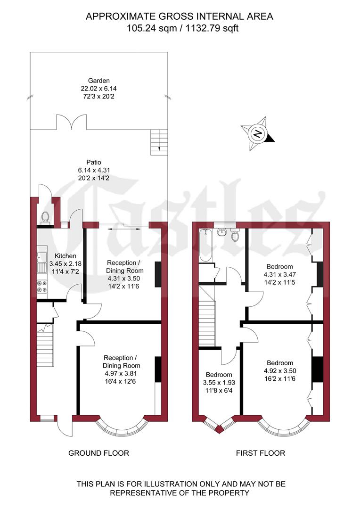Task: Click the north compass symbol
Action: point(257,133)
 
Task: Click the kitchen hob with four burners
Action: point(41,285)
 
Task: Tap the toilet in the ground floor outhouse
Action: point(46,217)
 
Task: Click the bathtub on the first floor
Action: point(205,245)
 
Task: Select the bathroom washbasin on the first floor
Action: point(222,232)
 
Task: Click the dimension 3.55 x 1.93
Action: point(218,383)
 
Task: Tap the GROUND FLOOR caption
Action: point(98,453)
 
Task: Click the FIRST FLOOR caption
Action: point(261,453)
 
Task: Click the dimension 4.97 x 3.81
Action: point(122,373)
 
